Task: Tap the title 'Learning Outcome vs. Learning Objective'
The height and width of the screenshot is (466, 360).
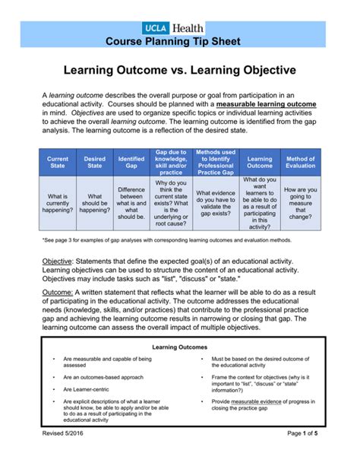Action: tap(179, 71)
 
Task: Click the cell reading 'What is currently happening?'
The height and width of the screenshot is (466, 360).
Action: tap(58, 204)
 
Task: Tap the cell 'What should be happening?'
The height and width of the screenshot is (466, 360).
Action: tap(95, 204)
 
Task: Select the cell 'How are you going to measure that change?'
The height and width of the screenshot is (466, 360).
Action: tap(300, 204)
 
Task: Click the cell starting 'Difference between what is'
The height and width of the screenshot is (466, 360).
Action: tap(131, 204)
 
